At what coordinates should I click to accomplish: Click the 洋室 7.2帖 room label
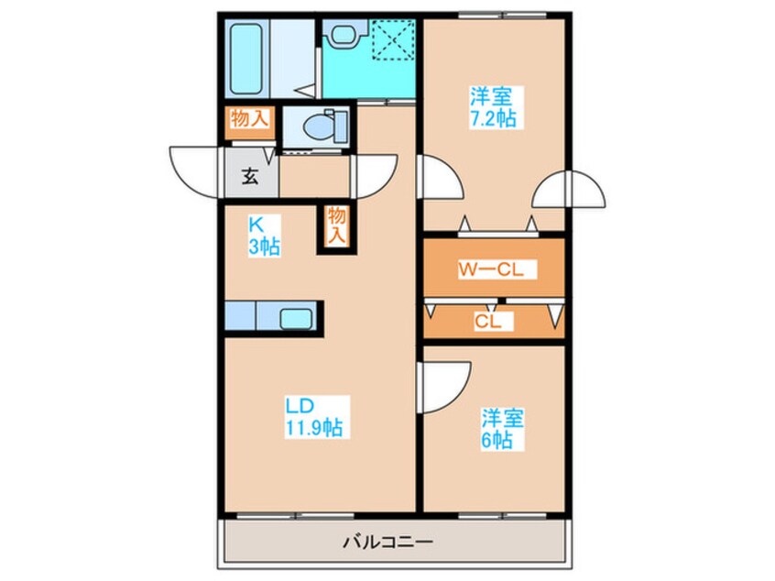point(492,107)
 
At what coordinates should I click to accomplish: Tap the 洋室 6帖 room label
point(503,429)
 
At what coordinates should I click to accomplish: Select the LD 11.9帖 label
point(313,417)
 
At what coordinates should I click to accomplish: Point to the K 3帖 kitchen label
point(264,236)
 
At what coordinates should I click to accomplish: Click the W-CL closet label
point(491,269)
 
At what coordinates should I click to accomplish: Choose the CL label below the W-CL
point(488,322)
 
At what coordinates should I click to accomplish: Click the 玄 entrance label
point(249,176)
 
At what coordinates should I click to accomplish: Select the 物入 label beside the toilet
point(250,118)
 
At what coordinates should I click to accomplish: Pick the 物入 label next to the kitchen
point(336,225)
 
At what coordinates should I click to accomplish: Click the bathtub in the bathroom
point(246,59)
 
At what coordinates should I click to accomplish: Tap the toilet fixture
point(324,126)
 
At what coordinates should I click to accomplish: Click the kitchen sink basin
point(296,318)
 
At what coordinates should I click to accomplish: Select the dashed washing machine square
point(393,40)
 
